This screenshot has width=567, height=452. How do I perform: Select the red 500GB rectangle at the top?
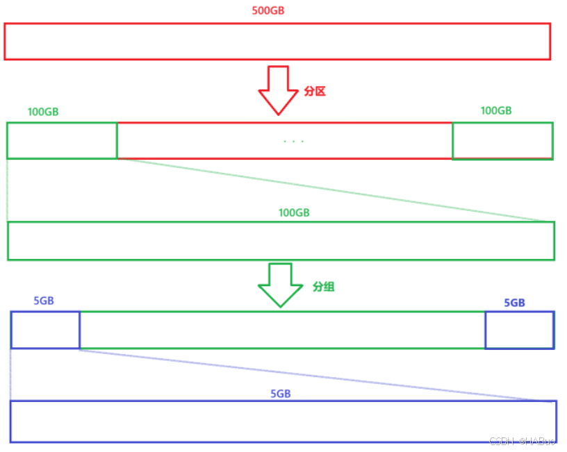coord(277,41)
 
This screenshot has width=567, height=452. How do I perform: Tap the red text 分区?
coord(315,92)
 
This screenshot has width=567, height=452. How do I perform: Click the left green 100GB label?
coord(43,112)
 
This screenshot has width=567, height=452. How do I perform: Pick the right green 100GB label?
coord(496,110)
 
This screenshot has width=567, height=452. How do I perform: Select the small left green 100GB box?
coord(62,140)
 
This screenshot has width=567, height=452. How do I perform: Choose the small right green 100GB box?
coord(502,141)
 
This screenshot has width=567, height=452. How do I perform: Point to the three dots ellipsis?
coord(294,142)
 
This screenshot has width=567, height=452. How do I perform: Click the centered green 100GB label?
coord(294,213)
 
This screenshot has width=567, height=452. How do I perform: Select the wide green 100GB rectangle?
coord(281,241)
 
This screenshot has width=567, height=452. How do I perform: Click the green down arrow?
coord(280,285)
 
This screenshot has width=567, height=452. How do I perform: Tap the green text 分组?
coord(324,286)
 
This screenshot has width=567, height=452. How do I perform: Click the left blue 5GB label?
coord(44,301)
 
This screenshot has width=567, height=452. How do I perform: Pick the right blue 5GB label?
coord(514,303)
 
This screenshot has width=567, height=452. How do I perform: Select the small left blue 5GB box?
coord(45,330)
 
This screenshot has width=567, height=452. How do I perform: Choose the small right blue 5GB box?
coord(519,330)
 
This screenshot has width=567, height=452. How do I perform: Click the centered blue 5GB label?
coord(280,394)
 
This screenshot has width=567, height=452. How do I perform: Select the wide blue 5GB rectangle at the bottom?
coord(283,421)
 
